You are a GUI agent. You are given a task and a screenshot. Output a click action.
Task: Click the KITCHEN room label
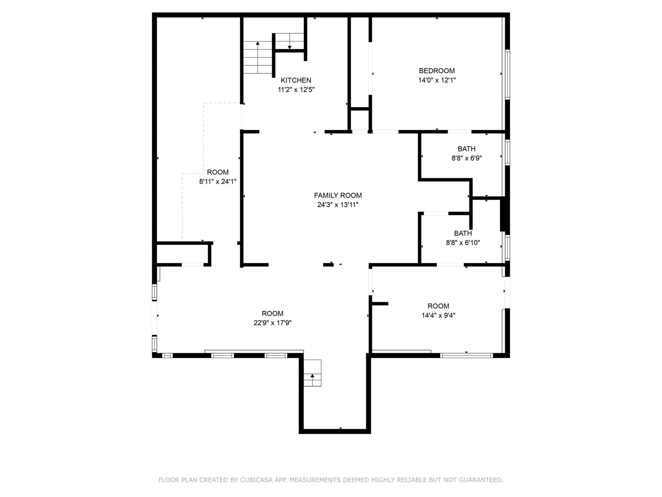pyautogui.click(x=295, y=80)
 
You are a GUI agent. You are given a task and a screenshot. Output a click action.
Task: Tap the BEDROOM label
pyautogui.click(x=437, y=71)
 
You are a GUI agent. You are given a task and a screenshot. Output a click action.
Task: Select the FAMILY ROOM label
pyautogui.click(x=338, y=195)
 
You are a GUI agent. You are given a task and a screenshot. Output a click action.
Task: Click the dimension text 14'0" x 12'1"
pyautogui.click(x=437, y=80)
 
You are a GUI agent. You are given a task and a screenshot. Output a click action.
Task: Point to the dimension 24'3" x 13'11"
pyautogui.click(x=338, y=205)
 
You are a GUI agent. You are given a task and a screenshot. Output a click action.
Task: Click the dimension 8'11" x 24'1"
pyautogui.click(x=218, y=182)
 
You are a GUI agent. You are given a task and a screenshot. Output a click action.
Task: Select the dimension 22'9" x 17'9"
pyautogui.click(x=272, y=323)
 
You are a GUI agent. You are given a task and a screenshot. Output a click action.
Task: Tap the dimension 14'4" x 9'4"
pyautogui.click(x=438, y=315)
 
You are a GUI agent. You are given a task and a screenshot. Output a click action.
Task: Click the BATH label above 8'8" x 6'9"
pyautogui.click(x=466, y=149)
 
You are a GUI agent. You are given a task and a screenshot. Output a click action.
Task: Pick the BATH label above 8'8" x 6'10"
pyautogui.click(x=463, y=233)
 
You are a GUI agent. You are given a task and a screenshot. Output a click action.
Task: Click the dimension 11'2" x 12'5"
pyautogui.click(x=296, y=89)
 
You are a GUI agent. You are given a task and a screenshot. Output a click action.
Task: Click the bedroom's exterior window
pyautogui.click(x=507, y=75)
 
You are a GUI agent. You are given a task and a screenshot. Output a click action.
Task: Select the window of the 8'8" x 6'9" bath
pyautogui.click(x=507, y=152)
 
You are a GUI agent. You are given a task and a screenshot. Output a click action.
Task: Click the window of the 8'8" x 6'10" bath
pyautogui.click(x=507, y=248)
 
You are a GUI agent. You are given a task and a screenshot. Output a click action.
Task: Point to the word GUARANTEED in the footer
pyautogui.click(x=481, y=480)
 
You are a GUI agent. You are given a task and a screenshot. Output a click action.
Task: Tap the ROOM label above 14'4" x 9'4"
pyautogui.click(x=438, y=306)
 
